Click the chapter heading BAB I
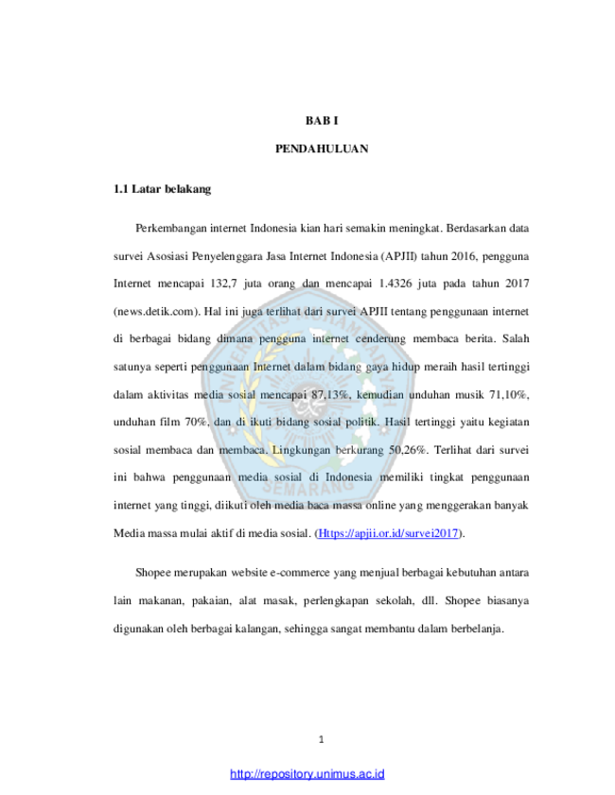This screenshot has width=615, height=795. pyautogui.click(x=322, y=121)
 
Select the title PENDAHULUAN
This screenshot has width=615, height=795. pyautogui.click(x=322, y=148)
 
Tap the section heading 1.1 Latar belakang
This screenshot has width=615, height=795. pyautogui.click(x=162, y=189)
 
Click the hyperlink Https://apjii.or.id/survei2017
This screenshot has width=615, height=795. pyautogui.click(x=388, y=533)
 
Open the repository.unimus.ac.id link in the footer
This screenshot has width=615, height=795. pyautogui.click(x=307, y=774)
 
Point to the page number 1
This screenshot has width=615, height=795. pyautogui.click(x=321, y=740)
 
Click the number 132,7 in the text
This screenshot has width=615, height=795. pyautogui.click(x=223, y=284)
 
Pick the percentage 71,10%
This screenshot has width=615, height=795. pyautogui.click(x=509, y=394)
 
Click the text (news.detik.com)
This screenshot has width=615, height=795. pyautogui.click(x=157, y=311)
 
